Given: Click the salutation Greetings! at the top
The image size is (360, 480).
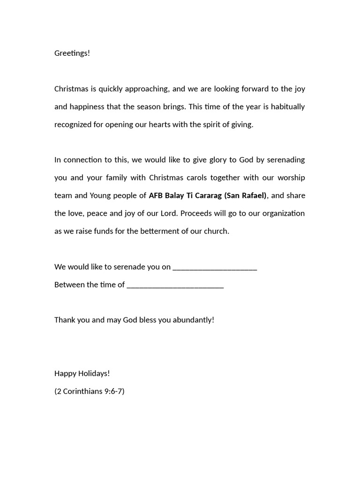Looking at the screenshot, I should [x=72, y=53].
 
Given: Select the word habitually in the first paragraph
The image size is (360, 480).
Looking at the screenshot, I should [x=287, y=106].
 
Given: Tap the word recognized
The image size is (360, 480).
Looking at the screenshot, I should [x=74, y=125].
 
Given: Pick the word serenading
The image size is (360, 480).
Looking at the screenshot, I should [x=286, y=160].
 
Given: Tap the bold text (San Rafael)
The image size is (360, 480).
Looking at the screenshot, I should [x=245, y=195].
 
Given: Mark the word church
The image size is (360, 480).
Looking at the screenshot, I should [x=216, y=231].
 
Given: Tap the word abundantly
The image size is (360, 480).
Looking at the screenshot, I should [x=193, y=320].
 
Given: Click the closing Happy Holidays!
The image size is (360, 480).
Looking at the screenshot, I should [x=82, y=373].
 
